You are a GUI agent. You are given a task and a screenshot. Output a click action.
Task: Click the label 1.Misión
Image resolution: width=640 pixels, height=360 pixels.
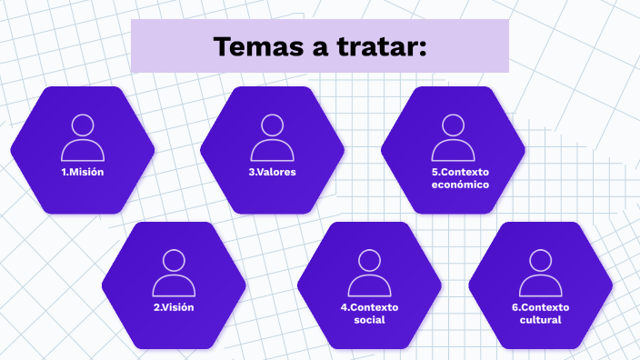(83, 172)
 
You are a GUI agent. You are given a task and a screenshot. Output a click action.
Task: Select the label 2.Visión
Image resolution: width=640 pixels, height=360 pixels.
(174, 307)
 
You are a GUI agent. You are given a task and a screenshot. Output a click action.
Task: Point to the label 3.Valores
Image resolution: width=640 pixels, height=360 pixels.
(272, 172)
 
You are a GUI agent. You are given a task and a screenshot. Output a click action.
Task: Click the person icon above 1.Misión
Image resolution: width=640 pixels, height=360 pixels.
(83, 137)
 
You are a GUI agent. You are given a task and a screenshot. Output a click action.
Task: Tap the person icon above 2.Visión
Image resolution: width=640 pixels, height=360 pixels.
(174, 273)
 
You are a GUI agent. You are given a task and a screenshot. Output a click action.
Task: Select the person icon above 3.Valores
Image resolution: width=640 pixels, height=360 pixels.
(272, 137)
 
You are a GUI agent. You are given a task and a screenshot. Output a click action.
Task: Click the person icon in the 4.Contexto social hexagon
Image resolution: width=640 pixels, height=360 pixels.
(369, 273)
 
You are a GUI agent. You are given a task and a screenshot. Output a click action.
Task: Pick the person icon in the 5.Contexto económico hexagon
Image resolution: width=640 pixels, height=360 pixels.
(453, 137)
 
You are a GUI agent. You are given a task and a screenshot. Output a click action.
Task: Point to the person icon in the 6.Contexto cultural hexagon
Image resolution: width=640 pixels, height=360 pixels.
(541, 273)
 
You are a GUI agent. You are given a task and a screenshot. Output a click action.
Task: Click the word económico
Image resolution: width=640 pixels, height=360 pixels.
(460, 185)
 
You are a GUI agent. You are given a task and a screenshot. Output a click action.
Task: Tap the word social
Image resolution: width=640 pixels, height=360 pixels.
(370, 320)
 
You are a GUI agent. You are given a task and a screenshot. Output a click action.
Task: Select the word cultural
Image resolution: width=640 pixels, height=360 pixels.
(541, 320)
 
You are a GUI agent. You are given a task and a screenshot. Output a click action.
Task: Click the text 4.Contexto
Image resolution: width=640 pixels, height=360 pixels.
(370, 307)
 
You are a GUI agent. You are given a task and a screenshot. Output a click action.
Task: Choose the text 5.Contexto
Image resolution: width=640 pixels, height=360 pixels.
(460, 172)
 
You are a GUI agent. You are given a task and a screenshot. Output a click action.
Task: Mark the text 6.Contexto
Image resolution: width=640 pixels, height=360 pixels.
(541, 307)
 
